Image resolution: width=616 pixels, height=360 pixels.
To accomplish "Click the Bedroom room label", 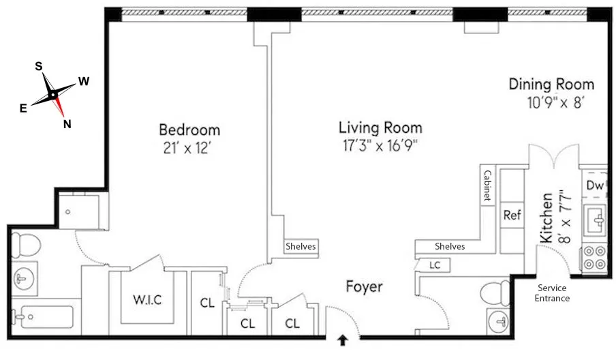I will [x=189, y=130].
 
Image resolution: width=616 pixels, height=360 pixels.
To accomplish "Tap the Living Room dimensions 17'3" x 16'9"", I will [x=380, y=145].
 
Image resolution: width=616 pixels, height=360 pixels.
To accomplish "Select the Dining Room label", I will [x=551, y=85].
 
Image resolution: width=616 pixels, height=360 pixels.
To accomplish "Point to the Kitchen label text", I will [x=546, y=217].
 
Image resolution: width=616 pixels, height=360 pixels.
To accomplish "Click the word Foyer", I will [x=363, y=287].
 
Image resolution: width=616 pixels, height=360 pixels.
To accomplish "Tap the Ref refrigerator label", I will [x=512, y=215].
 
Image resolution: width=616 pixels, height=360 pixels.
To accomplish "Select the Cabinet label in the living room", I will [x=487, y=185].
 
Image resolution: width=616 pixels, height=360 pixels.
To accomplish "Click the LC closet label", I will [x=434, y=265].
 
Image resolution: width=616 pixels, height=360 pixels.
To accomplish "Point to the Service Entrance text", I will [x=553, y=293].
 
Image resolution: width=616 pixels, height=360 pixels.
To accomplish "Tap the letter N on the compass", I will [x=67, y=123].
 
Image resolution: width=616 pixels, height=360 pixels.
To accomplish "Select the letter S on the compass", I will [x=39, y=66].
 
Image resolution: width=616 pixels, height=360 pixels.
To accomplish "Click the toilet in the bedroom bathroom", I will [x=28, y=243].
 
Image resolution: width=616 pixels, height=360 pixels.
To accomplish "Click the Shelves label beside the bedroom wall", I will [x=301, y=246].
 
